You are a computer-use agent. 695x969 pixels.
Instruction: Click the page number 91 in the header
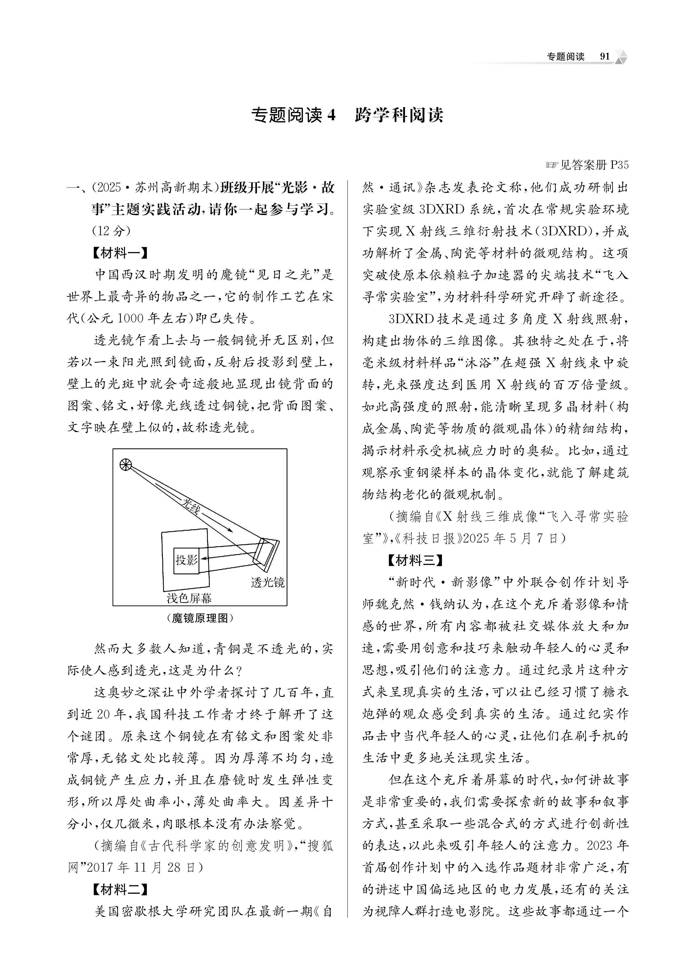(x=605, y=57)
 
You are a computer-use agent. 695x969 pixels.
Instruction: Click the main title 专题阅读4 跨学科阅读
(x=347, y=115)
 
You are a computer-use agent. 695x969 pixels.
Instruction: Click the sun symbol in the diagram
(x=126, y=465)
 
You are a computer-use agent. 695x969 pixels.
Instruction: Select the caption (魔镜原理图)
(x=200, y=618)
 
